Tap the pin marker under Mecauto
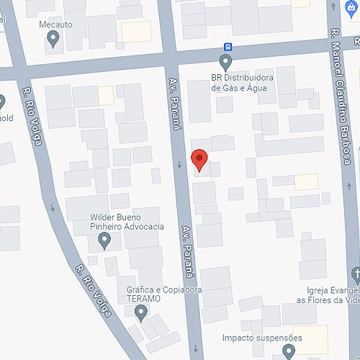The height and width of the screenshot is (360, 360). click(53, 40)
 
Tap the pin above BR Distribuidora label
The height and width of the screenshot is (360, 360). click(226, 63)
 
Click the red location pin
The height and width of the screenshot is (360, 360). click(199, 159)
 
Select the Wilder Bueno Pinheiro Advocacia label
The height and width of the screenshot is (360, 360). click(127, 221)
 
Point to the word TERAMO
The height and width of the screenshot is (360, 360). click(144, 298)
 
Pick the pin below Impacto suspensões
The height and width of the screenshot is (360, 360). click(289, 351)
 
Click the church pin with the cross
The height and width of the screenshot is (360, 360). click(354, 274)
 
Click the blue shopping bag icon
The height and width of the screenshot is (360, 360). click(351, 7)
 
